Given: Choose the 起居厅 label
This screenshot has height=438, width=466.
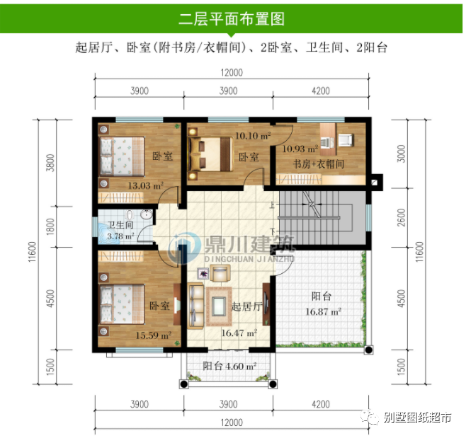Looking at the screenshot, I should (x=247, y=306).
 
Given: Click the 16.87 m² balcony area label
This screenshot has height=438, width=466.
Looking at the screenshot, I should (x=324, y=311).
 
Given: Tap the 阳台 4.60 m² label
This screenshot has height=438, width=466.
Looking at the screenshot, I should (x=229, y=366).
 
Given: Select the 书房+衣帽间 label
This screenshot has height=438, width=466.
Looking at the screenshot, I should (x=319, y=163).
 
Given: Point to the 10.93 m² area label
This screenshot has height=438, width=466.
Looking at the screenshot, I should (x=300, y=149).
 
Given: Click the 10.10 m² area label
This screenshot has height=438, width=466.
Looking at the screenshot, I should (x=252, y=135).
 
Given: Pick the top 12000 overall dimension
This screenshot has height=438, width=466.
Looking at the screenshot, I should (x=231, y=72).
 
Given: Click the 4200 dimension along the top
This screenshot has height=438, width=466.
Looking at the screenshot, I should (x=320, y=91).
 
